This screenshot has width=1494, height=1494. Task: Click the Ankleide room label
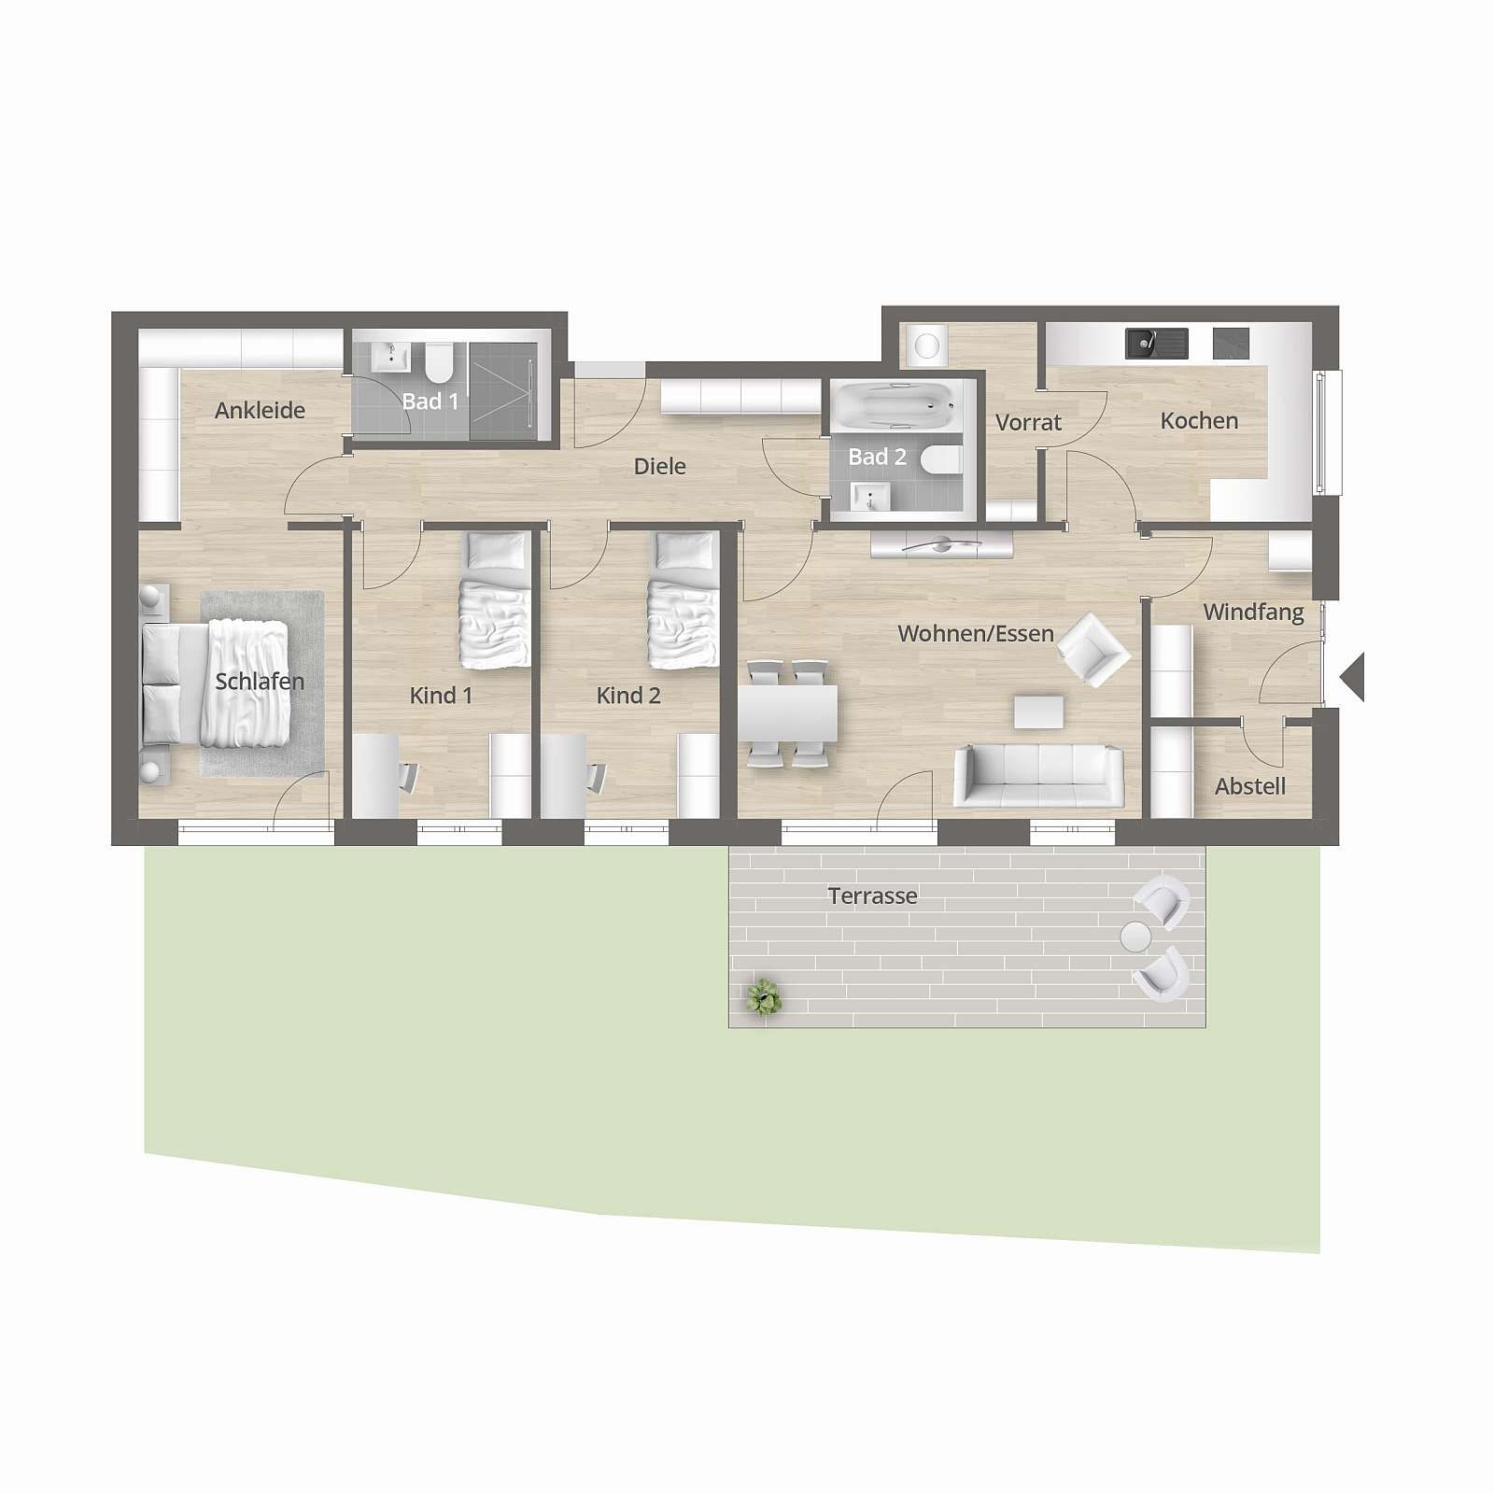(260, 410)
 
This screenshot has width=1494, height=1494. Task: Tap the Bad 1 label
(430, 402)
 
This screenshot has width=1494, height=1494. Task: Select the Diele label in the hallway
(659, 466)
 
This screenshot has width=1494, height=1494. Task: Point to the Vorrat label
(1028, 422)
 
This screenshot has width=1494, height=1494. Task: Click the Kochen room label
(1199, 421)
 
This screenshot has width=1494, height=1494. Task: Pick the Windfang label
(1253, 613)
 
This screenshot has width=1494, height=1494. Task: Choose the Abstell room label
(1250, 786)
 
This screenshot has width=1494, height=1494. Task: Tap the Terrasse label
(872, 896)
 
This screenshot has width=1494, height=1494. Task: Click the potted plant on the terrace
(765, 997)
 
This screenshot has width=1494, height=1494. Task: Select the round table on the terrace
(1136, 937)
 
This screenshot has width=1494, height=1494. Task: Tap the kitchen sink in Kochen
(1157, 344)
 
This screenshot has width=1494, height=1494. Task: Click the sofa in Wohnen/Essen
(1038, 775)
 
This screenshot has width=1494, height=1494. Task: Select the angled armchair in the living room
(1094, 650)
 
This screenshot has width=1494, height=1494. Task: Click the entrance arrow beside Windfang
(1352, 677)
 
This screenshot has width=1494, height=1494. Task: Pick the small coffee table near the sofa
(1038, 712)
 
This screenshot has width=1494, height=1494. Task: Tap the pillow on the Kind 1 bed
(497, 553)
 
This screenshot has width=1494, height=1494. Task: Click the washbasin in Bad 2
(871, 498)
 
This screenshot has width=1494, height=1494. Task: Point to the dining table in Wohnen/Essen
(788, 713)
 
